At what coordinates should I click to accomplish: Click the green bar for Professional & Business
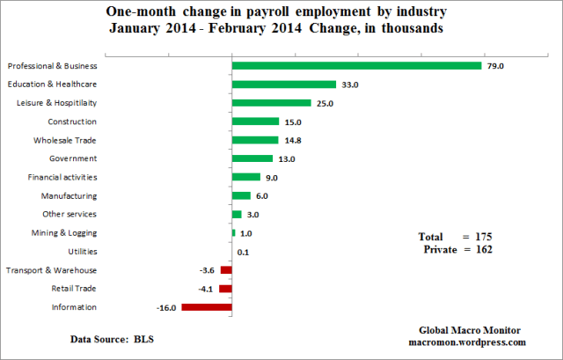click(x=356, y=66)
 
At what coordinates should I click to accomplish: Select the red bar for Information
click(x=207, y=307)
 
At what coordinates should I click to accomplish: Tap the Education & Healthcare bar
click(x=283, y=84)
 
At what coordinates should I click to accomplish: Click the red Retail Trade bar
click(x=225, y=289)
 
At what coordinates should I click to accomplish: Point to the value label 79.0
click(x=497, y=66)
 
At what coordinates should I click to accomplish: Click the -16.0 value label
click(x=166, y=307)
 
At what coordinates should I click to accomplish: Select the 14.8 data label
click(x=293, y=140)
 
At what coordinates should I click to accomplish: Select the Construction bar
click(x=255, y=121)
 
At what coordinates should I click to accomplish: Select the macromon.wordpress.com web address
click(x=467, y=342)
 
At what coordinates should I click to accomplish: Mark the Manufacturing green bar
click(x=241, y=195)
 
